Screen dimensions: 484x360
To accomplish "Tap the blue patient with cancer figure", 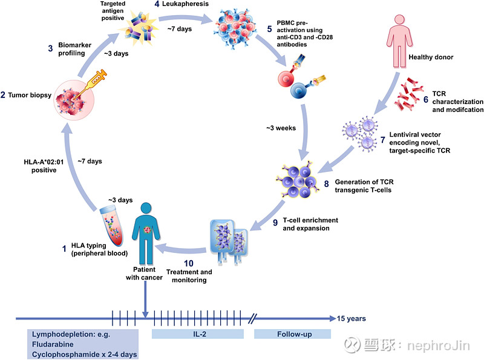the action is pyautogui.click(x=146, y=234).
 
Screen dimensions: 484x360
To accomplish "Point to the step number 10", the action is pyautogui.click(x=189, y=263).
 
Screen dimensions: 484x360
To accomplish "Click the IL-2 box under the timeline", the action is pyautogui.click(x=198, y=334).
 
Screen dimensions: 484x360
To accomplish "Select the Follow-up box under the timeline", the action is pyautogui.click(x=292, y=334).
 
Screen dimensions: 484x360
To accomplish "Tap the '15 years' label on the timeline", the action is pyautogui.click(x=352, y=318).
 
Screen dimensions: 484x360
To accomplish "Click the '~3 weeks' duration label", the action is pyautogui.click(x=281, y=128).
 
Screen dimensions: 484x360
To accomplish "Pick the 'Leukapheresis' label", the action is pyautogui.click(x=185, y=4).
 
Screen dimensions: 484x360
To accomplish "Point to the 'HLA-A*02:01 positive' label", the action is pyautogui.click(x=44, y=166).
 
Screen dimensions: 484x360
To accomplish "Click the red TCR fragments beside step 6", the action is pyautogui.click(x=408, y=94).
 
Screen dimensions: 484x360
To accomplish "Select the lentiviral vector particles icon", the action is pyautogui.click(x=360, y=134).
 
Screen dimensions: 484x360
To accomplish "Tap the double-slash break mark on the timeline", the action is pyautogui.click(x=252, y=318).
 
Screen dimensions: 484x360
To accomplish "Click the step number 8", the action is pyautogui.click(x=326, y=184).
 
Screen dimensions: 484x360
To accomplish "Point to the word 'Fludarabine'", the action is pyautogui.click(x=53, y=344).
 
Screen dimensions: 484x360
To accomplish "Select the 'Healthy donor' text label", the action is pyautogui.click(x=431, y=57).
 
